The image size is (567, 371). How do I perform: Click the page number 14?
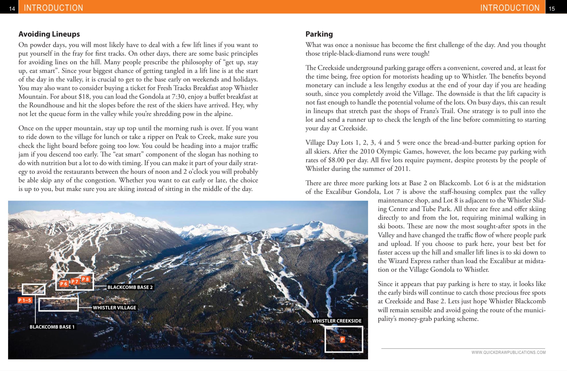pyautogui.click(x=12, y=9)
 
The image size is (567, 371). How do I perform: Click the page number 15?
pyautogui.click(x=551, y=9)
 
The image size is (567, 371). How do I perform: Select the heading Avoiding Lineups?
pyautogui.click(x=49, y=34)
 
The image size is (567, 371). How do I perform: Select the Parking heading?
pyautogui.click(x=319, y=34)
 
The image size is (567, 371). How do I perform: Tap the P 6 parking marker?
pyautogui.click(x=64, y=284)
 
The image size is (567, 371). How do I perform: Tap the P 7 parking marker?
pyautogui.click(x=75, y=281)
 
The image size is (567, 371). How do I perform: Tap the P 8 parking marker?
pyautogui.click(x=85, y=279)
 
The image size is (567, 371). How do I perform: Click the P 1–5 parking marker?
pyautogui.click(x=25, y=300)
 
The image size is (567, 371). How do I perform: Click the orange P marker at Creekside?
pyautogui.click(x=342, y=339)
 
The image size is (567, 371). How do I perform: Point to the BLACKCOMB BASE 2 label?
pyautogui.click(x=130, y=287)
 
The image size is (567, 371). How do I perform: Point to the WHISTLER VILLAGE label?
pyautogui.click(x=114, y=307)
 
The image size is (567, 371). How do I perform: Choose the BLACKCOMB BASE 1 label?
pyautogui.click(x=52, y=327)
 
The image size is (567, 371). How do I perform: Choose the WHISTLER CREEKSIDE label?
pyautogui.click(x=337, y=321)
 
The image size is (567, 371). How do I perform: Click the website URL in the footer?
pyautogui.click(x=508, y=352)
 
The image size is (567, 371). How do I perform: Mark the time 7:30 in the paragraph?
pyautogui.click(x=178, y=97)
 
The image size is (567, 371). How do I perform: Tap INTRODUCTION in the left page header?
pyautogui.click(x=53, y=8)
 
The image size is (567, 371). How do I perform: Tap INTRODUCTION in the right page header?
pyautogui.click(x=510, y=8)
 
